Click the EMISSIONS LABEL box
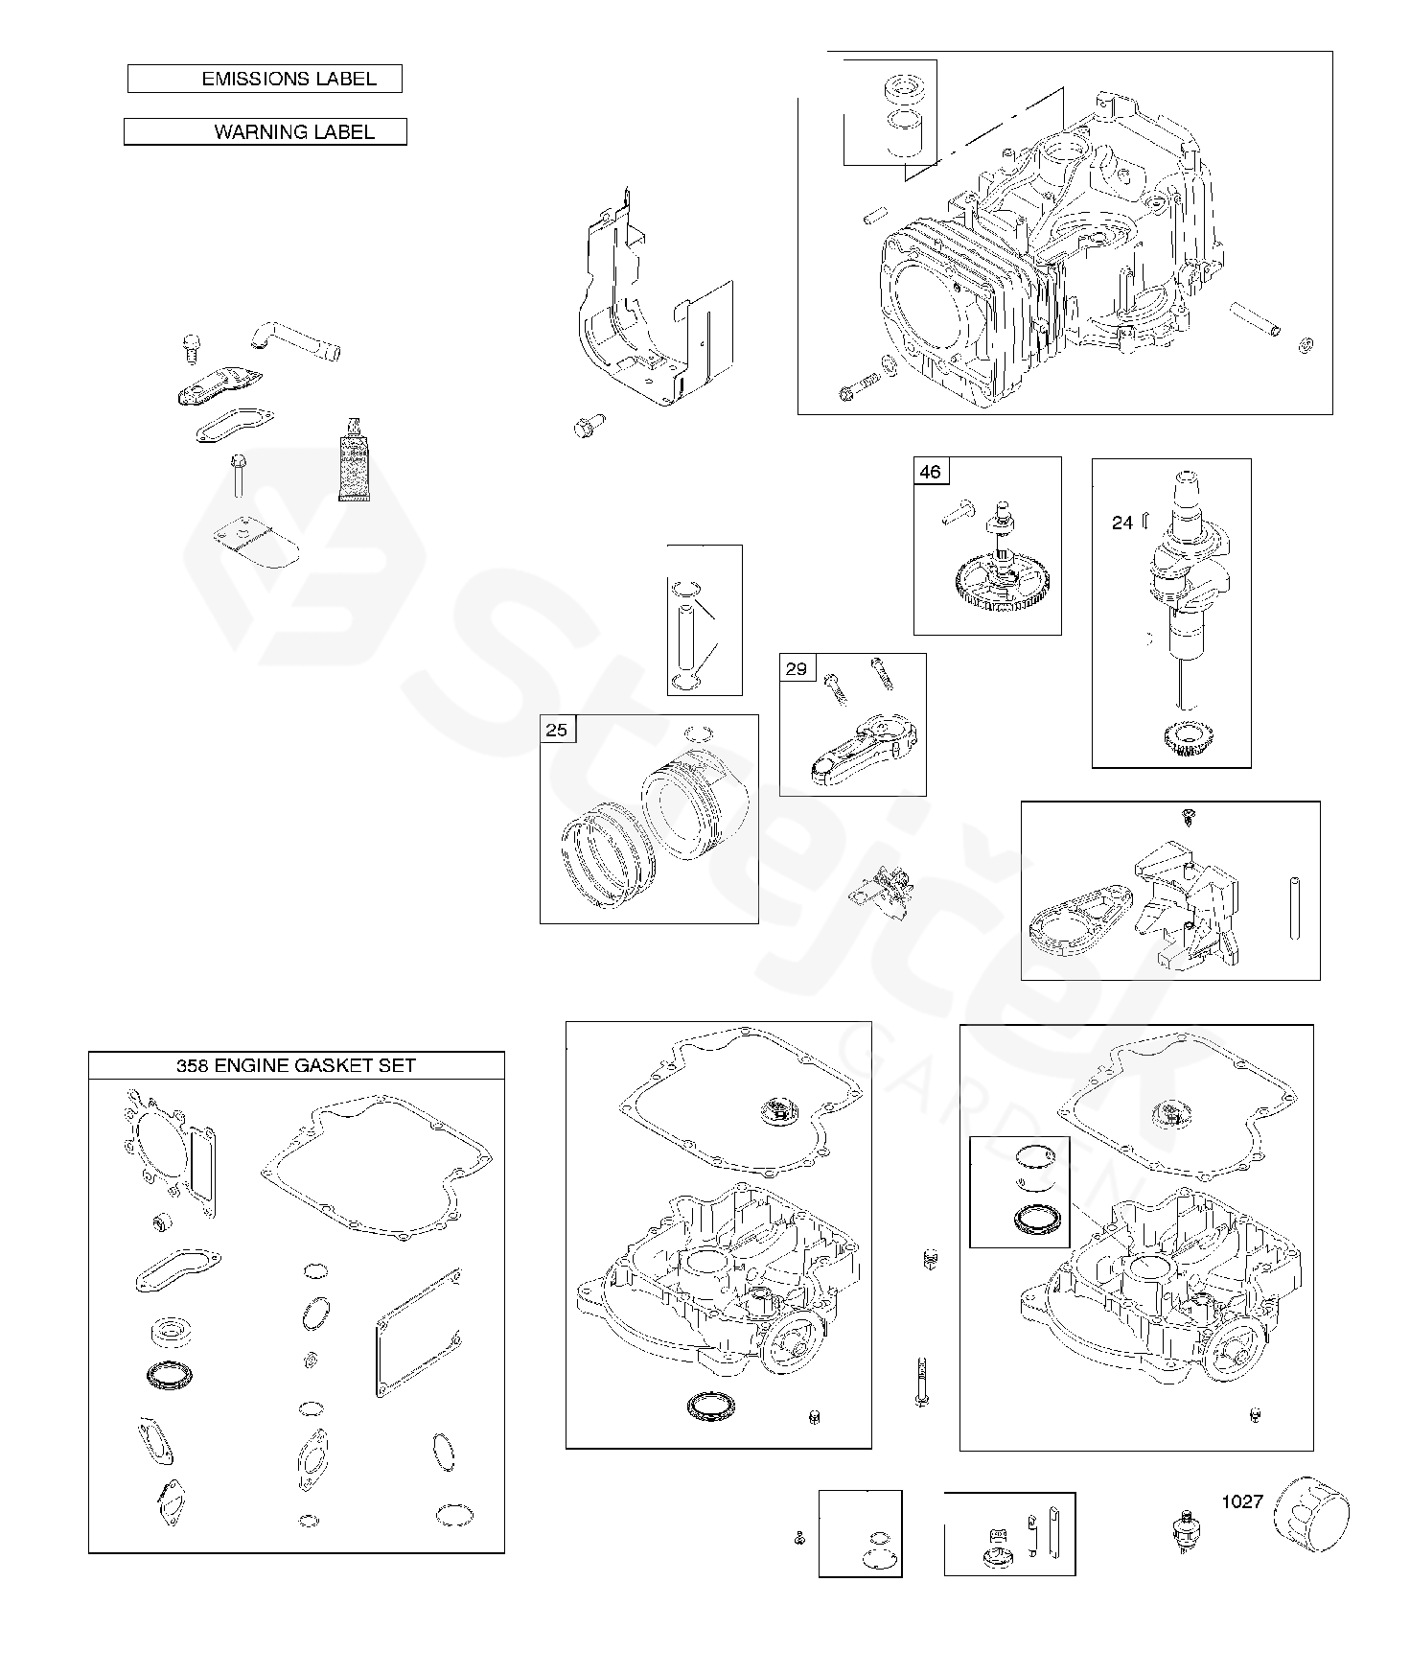(x=265, y=79)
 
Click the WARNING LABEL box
(x=266, y=131)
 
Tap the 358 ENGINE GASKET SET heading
(x=295, y=1065)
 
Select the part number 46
(x=930, y=472)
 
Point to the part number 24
(x=1122, y=523)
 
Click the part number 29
(x=797, y=668)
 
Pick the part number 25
(x=557, y=730)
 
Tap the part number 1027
(x=1241, y=1501)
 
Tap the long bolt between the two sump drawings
(x=921, y=1382)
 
